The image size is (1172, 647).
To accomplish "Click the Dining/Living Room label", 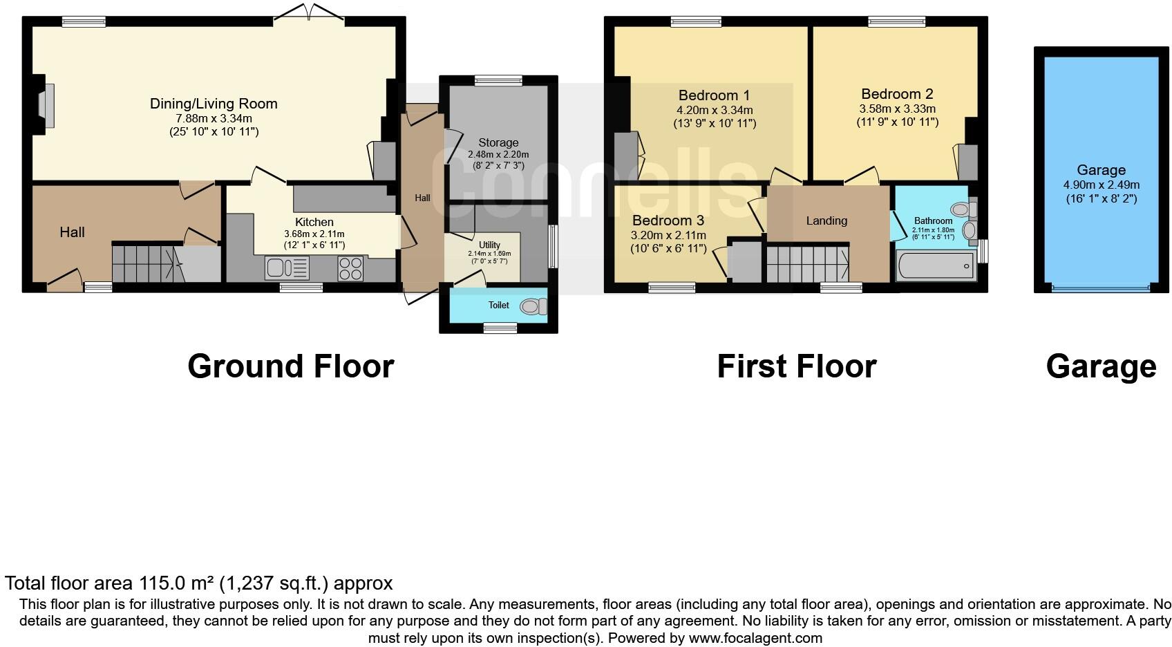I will (214, 104).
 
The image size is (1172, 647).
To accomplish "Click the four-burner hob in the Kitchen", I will (351, 268).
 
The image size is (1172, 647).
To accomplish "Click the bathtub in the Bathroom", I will (935, 266).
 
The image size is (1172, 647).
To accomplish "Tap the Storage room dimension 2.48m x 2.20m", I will (498, 155).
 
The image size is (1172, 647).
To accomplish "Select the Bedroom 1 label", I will (714, 95).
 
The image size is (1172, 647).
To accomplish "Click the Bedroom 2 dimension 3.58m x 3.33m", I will (897, 109).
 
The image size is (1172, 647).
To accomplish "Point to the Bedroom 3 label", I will (668, 221).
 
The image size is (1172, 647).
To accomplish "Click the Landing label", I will (826, 221).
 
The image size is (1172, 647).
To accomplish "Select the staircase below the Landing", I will (807, 263).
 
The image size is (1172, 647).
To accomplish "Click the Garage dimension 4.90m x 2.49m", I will (1101, 185).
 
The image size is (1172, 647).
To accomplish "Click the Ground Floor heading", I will (290, 366).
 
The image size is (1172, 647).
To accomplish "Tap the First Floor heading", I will (796, 366).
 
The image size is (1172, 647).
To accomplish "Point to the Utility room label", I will (489, 245).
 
